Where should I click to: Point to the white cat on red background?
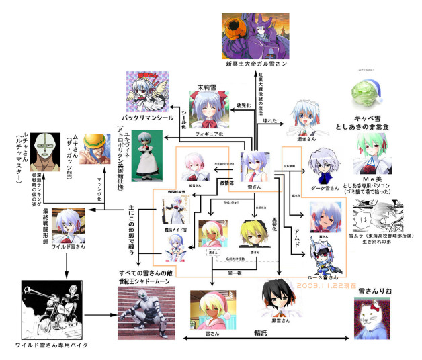tap(373, 320)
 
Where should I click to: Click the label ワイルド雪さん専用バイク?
tap(52, 345)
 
